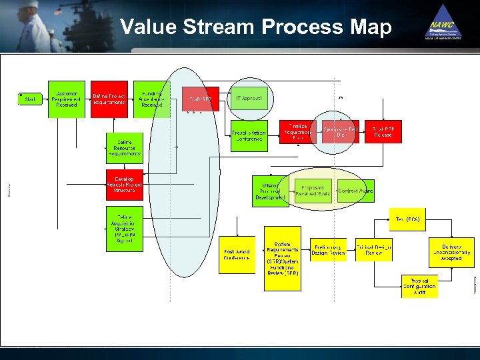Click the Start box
click(29, 99)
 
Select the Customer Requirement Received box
click(67, 99)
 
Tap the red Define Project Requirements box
click(109, 99)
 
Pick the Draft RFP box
click(201, 99)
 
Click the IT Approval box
click(249, 98)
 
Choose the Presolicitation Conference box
click(249, 135)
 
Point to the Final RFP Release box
click(383, 131)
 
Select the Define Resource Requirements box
click(124, 147)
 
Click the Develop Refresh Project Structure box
click(124, 184)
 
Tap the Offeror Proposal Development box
click(270, 191)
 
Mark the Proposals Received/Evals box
click(312, 191)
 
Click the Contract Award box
click(355, 191)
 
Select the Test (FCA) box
click(407, 219)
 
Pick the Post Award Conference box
click(237, 255)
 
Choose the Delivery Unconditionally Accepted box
click(451, 252)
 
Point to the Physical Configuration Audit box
click(419, 286)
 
